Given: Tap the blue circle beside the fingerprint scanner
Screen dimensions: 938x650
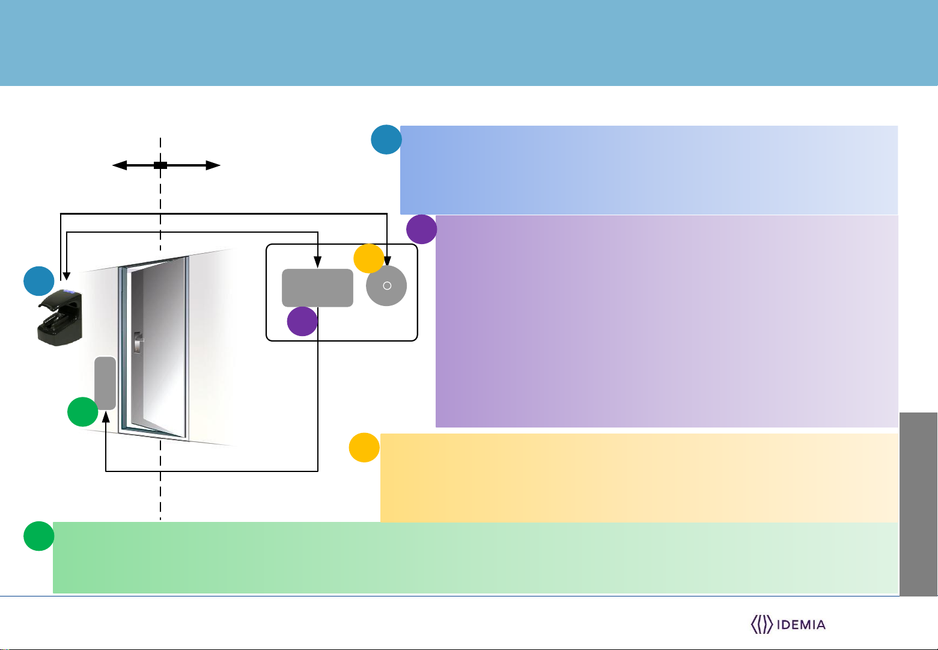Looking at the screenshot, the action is coord(38,281).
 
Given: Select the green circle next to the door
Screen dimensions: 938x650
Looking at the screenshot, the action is coord(82,412).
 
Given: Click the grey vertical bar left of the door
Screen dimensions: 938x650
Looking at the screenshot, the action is coord(105,383).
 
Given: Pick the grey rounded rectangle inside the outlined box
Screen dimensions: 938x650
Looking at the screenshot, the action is coord(317,287).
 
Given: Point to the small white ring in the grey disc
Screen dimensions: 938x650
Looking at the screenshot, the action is coord(387,286).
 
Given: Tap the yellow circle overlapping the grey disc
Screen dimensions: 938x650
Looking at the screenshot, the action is coord(368,258).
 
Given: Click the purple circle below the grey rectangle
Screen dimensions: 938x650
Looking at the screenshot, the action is coord(302,321).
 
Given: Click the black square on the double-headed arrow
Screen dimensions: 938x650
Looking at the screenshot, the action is coord(160,165).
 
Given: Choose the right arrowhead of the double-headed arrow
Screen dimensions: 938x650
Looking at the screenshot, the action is coord(214,165).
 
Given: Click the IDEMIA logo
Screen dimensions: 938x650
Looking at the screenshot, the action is coord(788,624).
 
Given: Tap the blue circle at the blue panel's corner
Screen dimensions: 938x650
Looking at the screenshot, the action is coord(386,140).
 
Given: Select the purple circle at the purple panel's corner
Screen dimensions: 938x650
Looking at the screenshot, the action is coord(421,229).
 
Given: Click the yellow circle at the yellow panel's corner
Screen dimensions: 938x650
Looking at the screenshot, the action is coord(364,447).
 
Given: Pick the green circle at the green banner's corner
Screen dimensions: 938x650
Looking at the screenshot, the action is coord(38,536).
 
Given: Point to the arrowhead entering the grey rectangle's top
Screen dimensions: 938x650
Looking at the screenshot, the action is coord(317,264).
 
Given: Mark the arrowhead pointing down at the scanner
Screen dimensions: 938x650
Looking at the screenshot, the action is coord(66,275).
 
